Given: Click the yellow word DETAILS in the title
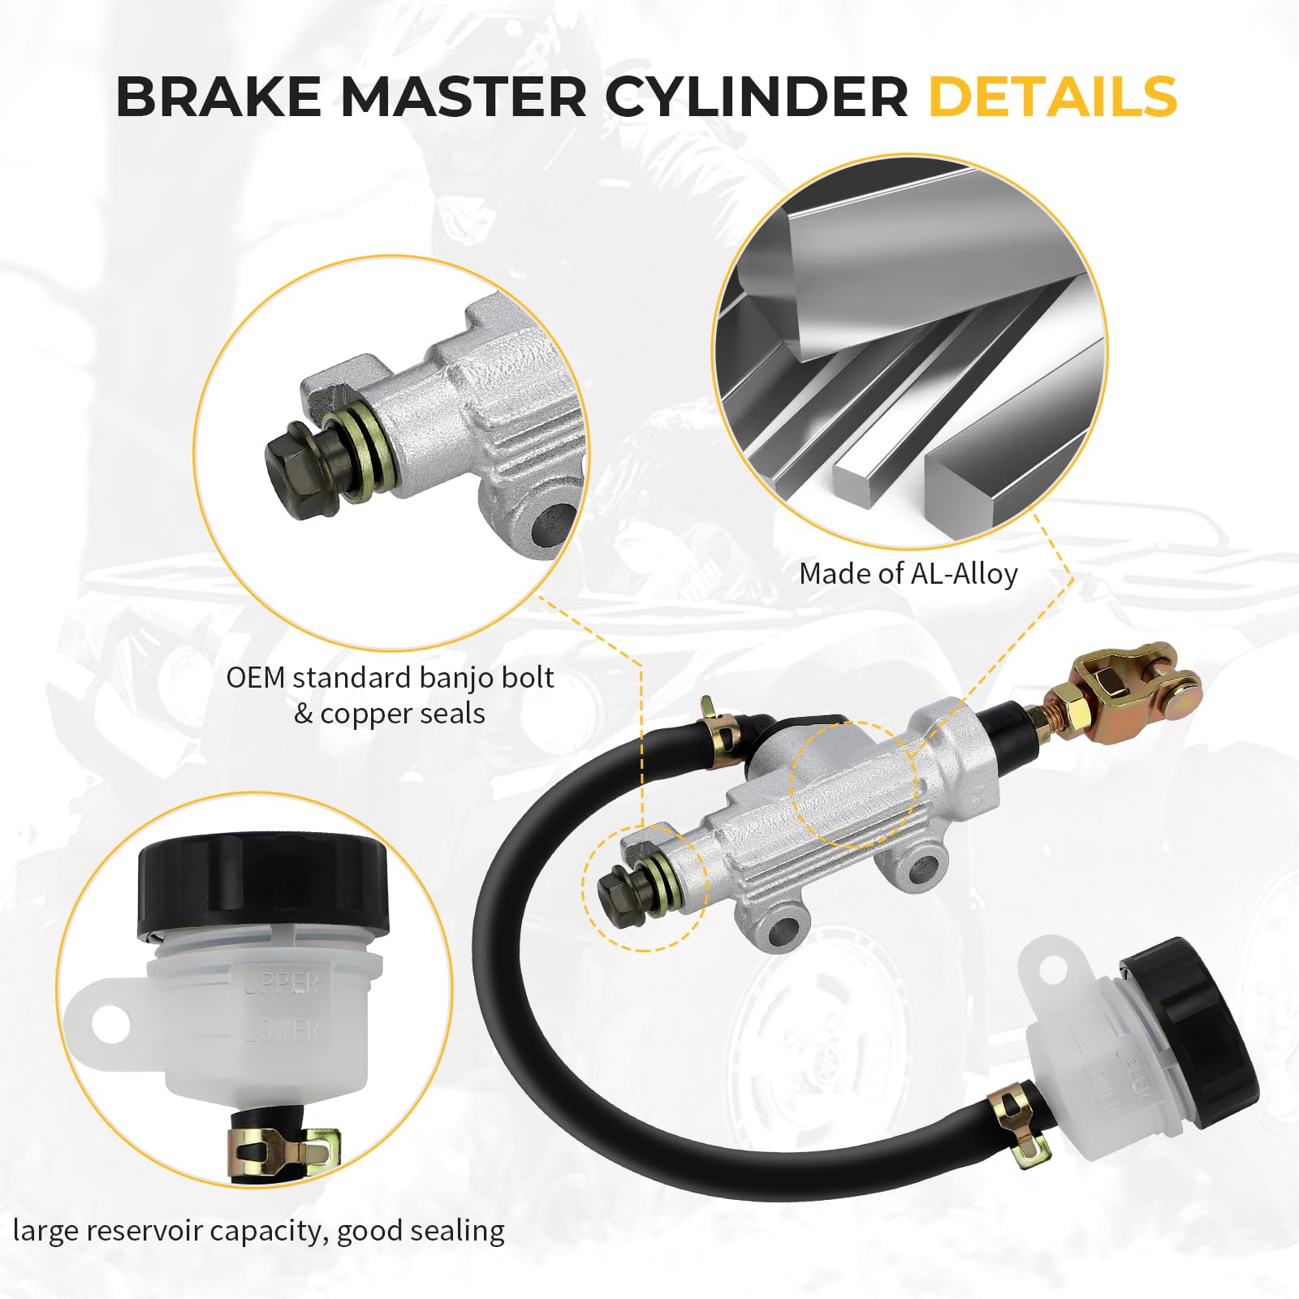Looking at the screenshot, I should tap(1052, 97).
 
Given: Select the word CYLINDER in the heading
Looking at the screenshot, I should tap(756, 97).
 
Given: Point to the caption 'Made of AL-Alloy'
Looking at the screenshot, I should tap(908, 574).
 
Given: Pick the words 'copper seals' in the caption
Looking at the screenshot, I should tap(402, 714).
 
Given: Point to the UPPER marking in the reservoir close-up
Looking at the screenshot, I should tap(282, 984).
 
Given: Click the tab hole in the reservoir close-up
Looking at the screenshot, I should tap(111, 1025).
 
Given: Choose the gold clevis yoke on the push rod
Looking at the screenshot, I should tap(1137, 682).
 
